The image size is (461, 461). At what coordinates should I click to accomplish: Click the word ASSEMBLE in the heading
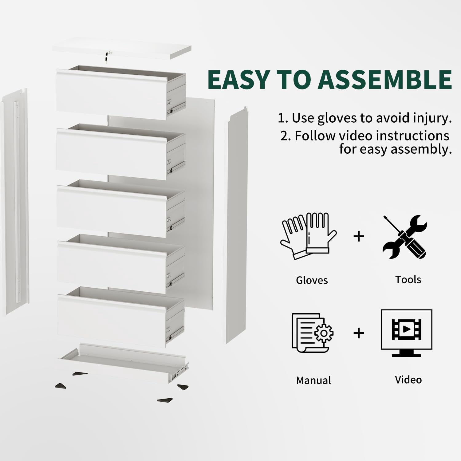click(x=384, y=79)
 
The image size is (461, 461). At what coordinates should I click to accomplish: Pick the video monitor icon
click(x=406, y=333)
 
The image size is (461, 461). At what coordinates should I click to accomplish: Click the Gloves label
click(x=312, y=280)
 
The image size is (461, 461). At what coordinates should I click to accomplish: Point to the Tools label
click(x=408, y=280)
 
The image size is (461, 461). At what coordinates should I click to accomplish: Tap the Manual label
click(x=313, y=380)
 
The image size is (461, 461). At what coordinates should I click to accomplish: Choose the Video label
click(x=408, y=380)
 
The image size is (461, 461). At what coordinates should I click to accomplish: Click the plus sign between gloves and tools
click(x=359, y=236)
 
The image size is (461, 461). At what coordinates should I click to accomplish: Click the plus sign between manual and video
click(x=359, y=333)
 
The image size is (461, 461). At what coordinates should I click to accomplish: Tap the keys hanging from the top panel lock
click(x=106, y=57)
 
